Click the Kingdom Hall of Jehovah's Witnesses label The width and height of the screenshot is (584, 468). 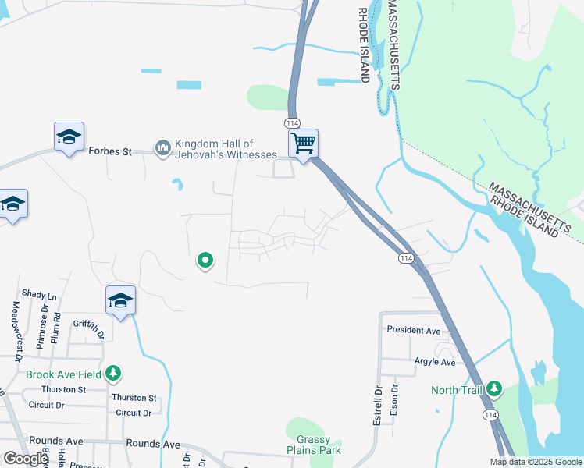pos(225,149)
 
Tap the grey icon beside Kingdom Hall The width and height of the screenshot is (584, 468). pos(163,147)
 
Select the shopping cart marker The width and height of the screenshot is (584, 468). pos(303,144)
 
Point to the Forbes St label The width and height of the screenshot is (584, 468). pos(110,151)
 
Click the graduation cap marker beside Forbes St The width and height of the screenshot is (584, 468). pos(69,137)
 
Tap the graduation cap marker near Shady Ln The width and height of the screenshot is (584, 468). pos(120,300)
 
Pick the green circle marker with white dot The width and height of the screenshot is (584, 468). pos(205,260)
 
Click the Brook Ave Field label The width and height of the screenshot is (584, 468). pos(64,374)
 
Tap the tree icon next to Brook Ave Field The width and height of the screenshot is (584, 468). pos(114,374)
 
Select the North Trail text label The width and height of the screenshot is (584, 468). pos(457,390)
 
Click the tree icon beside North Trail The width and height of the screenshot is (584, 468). pos(493,388)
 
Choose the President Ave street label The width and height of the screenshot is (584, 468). pos(414,330)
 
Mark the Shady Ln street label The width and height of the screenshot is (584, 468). pos(40,296)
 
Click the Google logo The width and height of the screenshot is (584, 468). pos(26,459)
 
